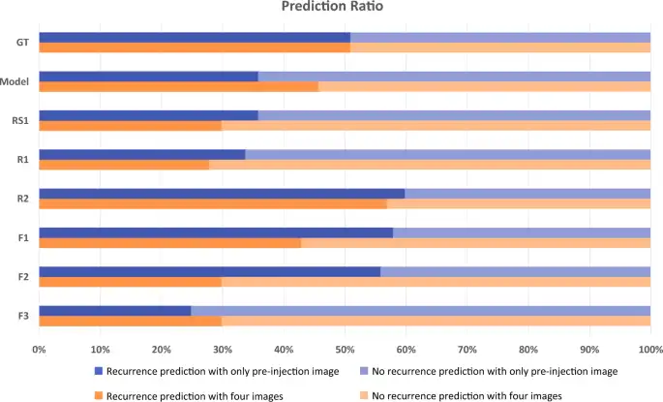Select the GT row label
click(20, 43)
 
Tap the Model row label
click(16, 81)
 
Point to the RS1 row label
click(19, 120)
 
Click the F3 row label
click(21, 316)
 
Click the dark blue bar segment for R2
click(222, 193)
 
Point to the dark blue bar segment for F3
click(114, 310)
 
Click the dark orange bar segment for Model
click(178, 86)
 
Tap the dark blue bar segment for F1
click(216, 232)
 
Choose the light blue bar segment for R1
click(447, 154)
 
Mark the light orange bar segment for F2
click(436, 282)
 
